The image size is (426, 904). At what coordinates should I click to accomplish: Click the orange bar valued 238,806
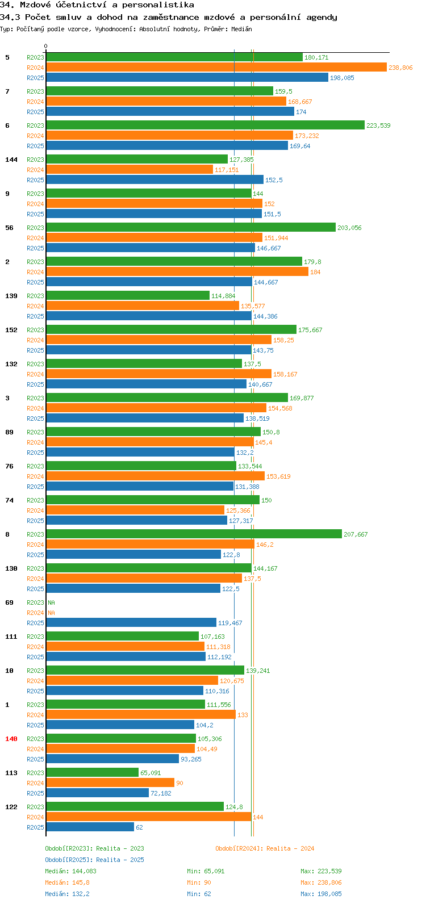(216, 68)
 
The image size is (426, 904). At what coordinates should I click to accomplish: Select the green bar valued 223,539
(206, 125)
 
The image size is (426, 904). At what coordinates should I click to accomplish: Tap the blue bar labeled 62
(90, 827)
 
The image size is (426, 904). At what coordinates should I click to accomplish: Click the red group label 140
(11, 739)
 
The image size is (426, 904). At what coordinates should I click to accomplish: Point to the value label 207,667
(356, 534)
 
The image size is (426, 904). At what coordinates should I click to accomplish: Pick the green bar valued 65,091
(93, 772)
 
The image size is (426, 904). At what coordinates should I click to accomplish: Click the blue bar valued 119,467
(131, 623)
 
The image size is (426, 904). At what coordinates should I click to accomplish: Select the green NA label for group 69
(51, 602)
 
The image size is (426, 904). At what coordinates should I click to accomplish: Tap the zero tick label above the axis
(45, 46)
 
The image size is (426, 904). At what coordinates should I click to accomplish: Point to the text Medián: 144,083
(70, 871)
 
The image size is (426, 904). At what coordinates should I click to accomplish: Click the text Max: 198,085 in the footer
(321, 894)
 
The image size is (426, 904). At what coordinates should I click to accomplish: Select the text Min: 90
(199, 882)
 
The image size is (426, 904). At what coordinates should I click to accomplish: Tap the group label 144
(11, 160)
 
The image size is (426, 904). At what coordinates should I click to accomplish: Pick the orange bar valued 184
(177, 271)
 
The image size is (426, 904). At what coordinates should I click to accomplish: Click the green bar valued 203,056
(191, 227)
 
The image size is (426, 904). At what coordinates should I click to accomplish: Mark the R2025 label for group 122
(36, 827)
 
